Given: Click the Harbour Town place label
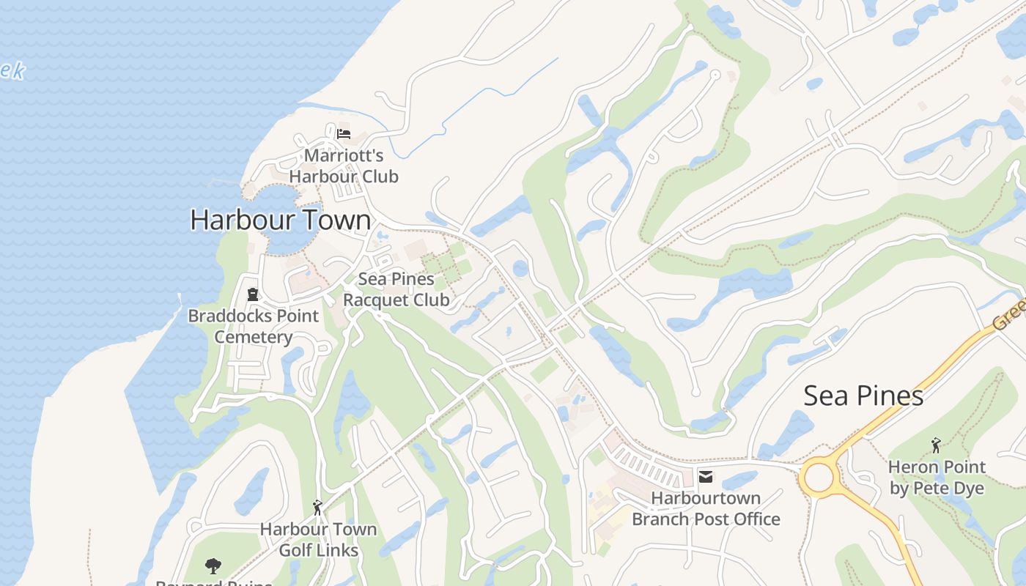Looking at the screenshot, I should (x=280, y=220).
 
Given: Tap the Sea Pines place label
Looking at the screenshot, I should (x=863, y=396).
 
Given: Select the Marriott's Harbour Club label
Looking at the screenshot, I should (x=344, y=166).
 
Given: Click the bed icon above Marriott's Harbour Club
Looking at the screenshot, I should (x=344, y=134).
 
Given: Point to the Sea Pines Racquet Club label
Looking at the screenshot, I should (x=396, y=289).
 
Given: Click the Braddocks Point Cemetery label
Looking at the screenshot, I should (x=254, y=327).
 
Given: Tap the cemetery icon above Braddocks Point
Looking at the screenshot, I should (x=253, y=294).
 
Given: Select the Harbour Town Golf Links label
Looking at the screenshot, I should (x=319, y=540).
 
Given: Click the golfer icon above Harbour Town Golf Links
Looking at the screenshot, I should (x=317, y=507).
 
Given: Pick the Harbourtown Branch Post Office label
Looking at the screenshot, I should (x=706, y=508).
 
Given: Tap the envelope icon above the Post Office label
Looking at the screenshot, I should (x=706, y=477).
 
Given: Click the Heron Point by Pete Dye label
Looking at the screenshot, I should (x=937, y=478).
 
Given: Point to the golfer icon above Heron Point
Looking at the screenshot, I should (x=936, y=445).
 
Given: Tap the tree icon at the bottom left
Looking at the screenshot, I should (x=213, y=565).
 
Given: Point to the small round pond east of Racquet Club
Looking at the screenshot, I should (x=520, y=269).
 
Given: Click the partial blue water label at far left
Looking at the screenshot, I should (x=12, y=71).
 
